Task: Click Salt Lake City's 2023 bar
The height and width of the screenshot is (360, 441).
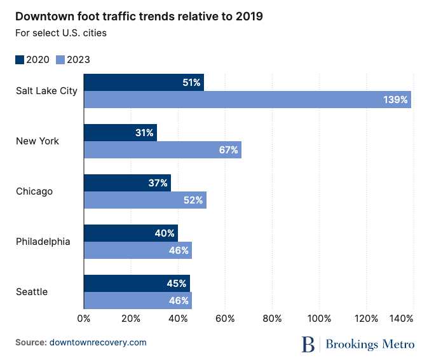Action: point(247,99)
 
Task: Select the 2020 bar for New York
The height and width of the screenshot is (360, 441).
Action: point(120,133)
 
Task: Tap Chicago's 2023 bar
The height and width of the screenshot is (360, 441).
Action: point(145,200)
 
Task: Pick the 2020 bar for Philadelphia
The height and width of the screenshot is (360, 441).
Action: point(131,233)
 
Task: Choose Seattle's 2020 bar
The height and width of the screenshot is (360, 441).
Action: point(137,283)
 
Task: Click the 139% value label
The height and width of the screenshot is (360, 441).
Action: point(395,100)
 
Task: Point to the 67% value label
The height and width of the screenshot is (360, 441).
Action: point(228,150)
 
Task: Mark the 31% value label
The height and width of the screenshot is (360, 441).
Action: point(144,133)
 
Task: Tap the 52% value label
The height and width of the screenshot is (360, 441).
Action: point(193,200)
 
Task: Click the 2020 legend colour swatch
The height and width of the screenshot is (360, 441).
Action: point(20,60)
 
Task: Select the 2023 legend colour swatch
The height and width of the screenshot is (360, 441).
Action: point(60,60)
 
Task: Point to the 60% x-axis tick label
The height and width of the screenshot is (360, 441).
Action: point(225,318)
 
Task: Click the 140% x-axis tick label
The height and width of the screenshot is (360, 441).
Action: point(403,318)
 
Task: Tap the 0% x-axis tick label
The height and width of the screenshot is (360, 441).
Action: point(83,318)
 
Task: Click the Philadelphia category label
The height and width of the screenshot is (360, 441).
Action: point(43,242)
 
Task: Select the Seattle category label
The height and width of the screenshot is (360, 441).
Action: point(32,292)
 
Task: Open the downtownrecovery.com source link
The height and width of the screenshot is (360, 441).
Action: point(98,342)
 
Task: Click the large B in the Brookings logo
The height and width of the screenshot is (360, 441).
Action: point(309,344)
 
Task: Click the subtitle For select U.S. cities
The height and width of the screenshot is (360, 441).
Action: point(61,33)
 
